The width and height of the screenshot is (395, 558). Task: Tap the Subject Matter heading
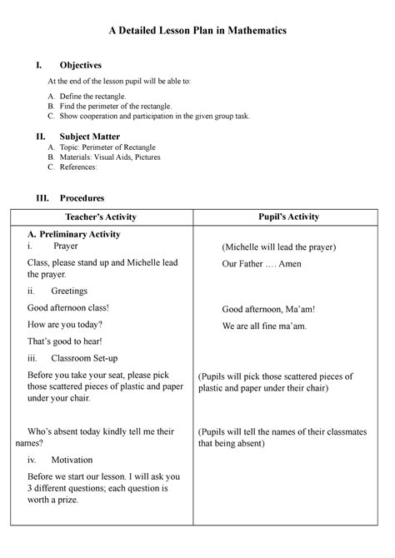pos(89,136)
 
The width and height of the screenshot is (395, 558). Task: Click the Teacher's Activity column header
pos(102,217)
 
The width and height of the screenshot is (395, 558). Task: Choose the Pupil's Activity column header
pos(289,217)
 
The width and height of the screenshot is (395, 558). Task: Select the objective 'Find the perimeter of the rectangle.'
pos(122,107)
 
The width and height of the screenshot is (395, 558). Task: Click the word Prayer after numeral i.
pos(67,247)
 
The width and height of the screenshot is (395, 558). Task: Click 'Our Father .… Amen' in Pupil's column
pos(262,264)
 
